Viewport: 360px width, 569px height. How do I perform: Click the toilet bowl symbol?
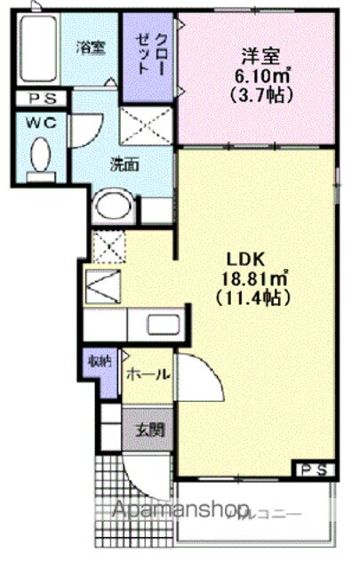pyautogui.click(x=39, y=158)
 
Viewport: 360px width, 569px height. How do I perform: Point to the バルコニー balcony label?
pyautogui.click(x=261, y=513)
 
